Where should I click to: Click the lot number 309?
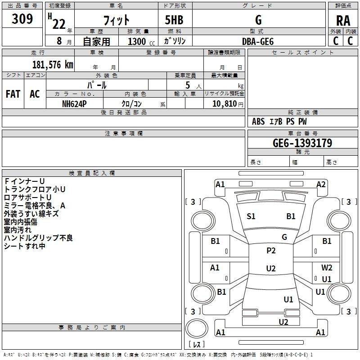coord(22,19)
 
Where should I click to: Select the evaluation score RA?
coord(343,21)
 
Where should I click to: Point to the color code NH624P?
coord(74,103)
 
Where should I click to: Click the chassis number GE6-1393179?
coord(302,143)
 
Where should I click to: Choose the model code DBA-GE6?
coord(258,41)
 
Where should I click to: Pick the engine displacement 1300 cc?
coord(137,41)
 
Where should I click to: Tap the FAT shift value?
coord(13,94)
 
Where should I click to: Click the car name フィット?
coord(117,21)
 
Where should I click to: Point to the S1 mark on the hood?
coord(251,216)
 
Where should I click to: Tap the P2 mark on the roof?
coord(271,251)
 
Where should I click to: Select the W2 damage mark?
coord(327,268)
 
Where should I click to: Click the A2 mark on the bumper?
coord(321,184)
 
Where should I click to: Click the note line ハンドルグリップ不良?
coord(38,238)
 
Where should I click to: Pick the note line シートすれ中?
coord(25,246)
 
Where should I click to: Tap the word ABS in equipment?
coord(258,121)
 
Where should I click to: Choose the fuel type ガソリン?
coord(175,41)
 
